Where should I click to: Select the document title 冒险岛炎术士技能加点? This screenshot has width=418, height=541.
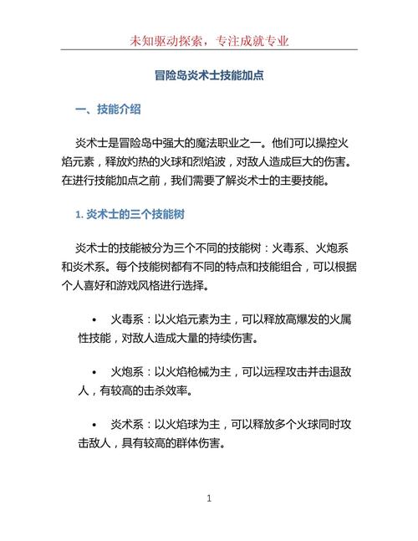(x=209, y=75)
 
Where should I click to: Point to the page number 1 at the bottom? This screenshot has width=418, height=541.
(x=209, y=499)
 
